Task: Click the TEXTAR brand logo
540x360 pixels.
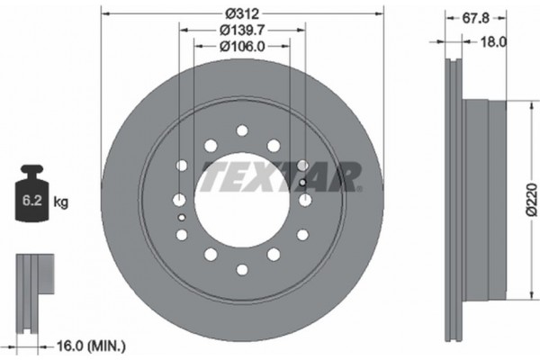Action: (x=281, y=176)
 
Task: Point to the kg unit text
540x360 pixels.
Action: (x=62, y=203)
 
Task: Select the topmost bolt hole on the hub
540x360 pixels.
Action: (x=241, y=130)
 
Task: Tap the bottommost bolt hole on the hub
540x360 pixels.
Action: (x=241, y=269)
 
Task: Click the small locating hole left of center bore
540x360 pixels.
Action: (x=182, y=217)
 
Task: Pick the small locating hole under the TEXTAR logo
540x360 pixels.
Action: (x=301, y=184)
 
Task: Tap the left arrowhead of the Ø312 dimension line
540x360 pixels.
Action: (x=104, y=13)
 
